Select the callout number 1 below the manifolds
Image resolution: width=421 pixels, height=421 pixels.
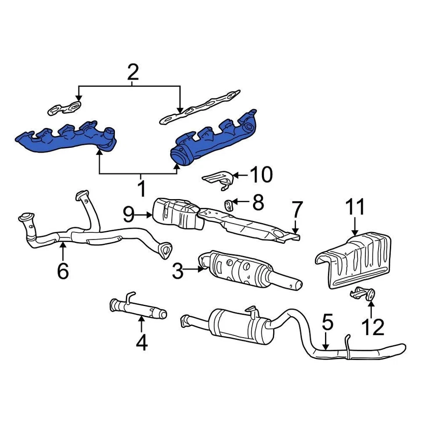point(141,188)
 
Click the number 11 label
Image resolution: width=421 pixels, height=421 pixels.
point(355,208)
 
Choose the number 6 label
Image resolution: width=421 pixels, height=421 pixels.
point(63,271)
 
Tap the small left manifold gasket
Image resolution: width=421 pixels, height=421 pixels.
point(65,108)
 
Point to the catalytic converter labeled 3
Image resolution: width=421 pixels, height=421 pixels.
point(246,270)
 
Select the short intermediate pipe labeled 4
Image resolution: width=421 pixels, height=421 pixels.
point(138,308)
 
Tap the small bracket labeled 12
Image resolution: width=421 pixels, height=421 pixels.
point(363,293)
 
